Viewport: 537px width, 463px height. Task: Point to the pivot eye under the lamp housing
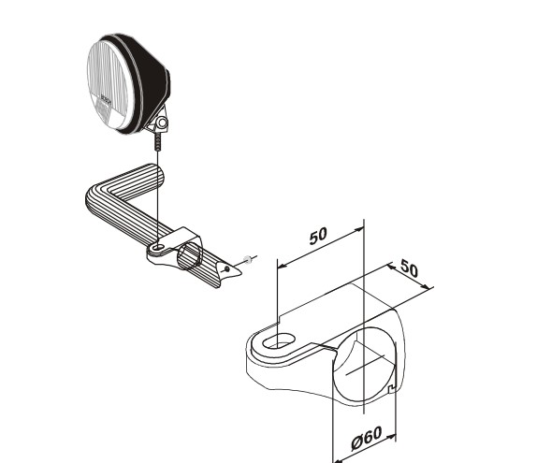162,122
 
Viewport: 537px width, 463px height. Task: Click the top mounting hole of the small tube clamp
160,248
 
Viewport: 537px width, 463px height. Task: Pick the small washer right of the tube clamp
246,259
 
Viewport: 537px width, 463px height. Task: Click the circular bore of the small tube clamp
193,254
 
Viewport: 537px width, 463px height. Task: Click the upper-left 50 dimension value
318,236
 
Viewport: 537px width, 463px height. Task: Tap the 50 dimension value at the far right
409,268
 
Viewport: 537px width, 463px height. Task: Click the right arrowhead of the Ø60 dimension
394,434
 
